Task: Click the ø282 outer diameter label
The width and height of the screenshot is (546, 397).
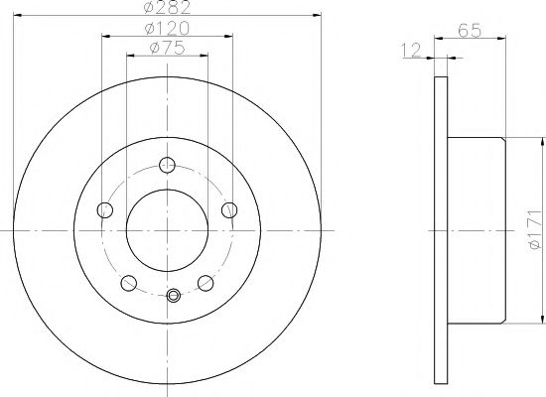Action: (166, 9)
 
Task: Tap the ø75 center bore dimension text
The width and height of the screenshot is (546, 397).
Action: (166, 47)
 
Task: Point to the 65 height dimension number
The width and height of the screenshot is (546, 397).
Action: (471, 33)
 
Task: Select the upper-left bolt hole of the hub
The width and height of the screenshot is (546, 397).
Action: (105, 209)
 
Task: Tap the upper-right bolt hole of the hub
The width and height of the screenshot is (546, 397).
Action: (230, 208)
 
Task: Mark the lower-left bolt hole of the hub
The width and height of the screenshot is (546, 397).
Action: (129, 282)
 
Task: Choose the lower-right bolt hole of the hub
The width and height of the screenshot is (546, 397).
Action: (205, 282)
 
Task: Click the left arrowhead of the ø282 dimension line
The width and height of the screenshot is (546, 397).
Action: (17, 16)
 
